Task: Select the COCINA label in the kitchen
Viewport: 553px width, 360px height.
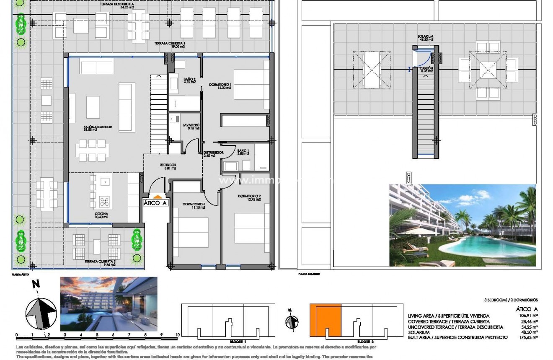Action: pyautogui.click(x=102, y=215)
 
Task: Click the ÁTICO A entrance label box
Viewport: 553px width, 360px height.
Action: pyautogui.click(x=155, y=203)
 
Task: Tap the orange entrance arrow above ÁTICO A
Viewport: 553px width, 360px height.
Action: pyautogui.click(x=157, y=196)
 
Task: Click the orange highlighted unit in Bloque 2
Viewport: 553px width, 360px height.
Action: pyautogui.click(x=326, y=320)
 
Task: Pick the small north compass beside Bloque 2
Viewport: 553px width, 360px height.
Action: pyautogui.click(x=292, y=321)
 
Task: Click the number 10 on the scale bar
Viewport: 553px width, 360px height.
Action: pyautogui.click(x=178, y=335)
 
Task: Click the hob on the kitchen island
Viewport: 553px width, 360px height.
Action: pyautogui.click(x=104, y=203)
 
